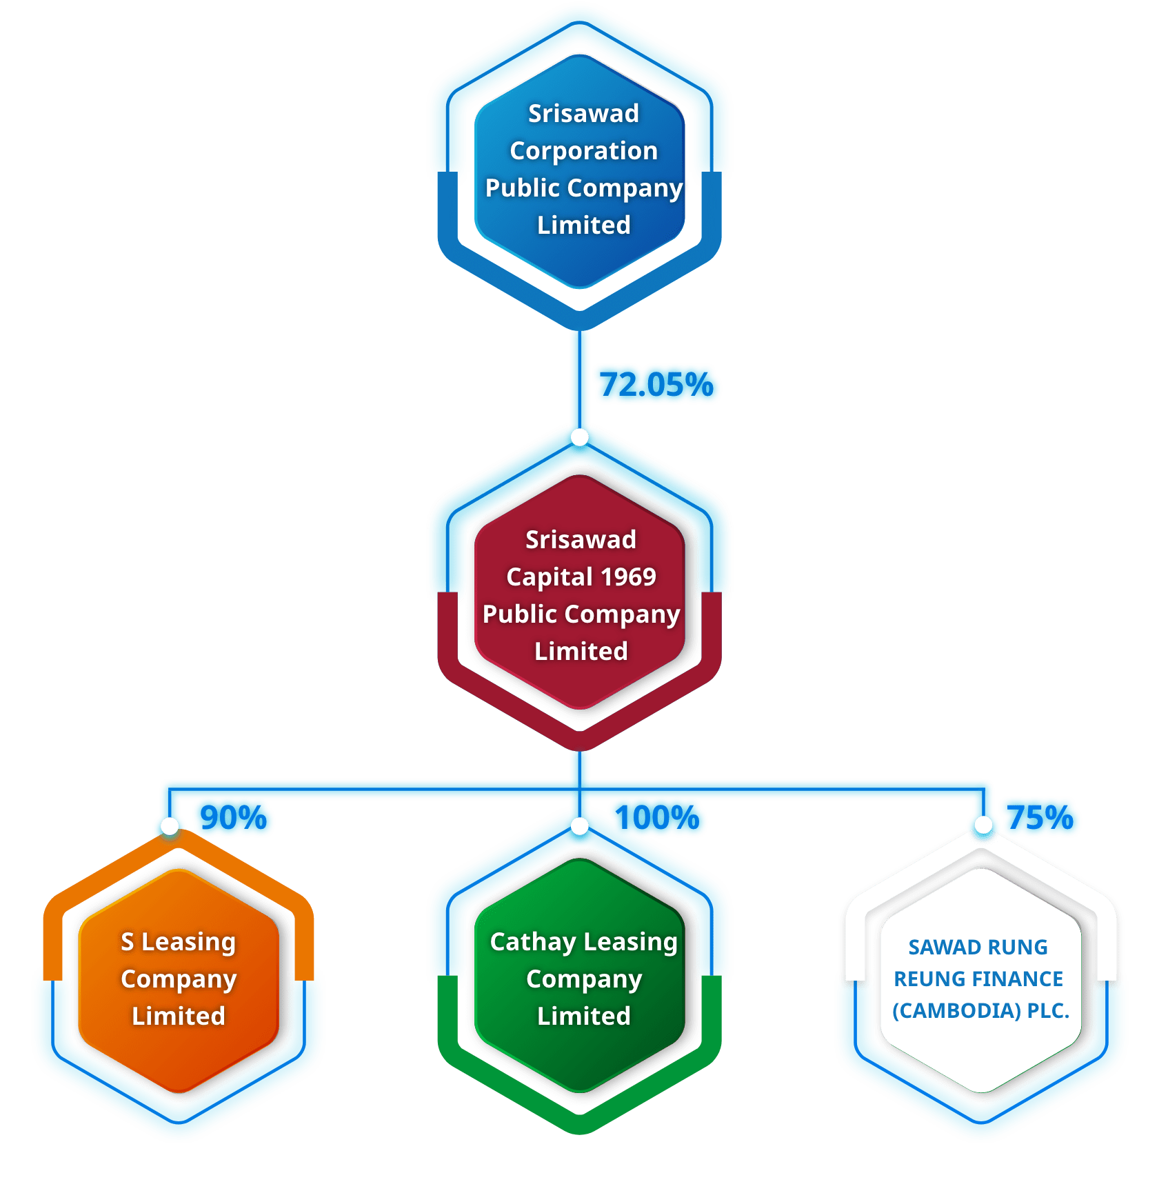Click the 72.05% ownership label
[656, 385]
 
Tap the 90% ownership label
[233, 818]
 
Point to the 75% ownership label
[1040, 817]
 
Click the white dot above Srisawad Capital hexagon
[580, 437]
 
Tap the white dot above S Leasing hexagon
[170, 825]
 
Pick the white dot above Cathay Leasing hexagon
[580, 825]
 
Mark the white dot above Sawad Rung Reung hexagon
[983, 825]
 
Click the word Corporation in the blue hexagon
[583, 150]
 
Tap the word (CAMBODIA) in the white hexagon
[956, 1010]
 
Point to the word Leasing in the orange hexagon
[188, 942]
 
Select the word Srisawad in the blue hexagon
[583, 113]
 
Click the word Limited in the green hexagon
[583, 1016]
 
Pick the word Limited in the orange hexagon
[179, 1016]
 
